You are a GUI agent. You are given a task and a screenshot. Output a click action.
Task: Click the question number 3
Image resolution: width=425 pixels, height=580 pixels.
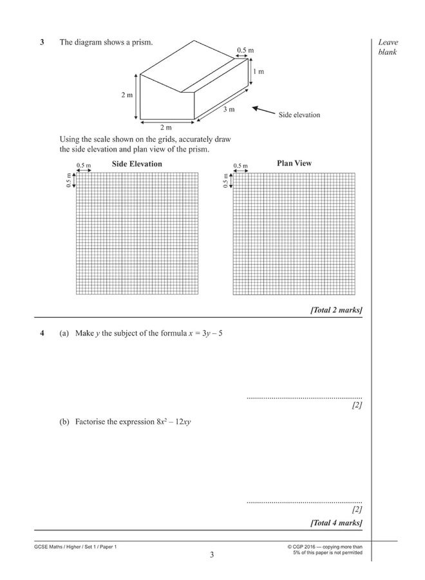pos(42,43)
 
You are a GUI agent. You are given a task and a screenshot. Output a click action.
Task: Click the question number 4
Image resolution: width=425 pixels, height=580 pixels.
pos(42,334)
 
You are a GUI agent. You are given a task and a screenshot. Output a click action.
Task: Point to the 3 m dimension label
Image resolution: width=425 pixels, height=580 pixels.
pos(229,110)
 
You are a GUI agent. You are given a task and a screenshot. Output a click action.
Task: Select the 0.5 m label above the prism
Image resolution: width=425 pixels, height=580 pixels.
pos(245,49)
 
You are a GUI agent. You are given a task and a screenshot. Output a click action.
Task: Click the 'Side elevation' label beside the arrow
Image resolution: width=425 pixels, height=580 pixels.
pos(299,115)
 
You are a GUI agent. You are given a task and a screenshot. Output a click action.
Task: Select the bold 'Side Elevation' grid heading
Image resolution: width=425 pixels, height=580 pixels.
pos(137,164)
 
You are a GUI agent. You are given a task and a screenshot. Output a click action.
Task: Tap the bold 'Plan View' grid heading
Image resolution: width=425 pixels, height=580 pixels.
pos(294,164)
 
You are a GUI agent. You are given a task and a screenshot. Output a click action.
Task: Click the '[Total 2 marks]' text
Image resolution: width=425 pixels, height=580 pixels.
pos(336,310)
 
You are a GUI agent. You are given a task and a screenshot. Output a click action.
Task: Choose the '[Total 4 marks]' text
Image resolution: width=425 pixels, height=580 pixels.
pos(336,522)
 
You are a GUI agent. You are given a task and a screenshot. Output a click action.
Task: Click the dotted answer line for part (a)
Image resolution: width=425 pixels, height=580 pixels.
pos(304,398)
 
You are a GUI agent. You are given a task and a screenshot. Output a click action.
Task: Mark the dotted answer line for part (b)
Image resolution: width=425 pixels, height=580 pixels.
pos(304,502)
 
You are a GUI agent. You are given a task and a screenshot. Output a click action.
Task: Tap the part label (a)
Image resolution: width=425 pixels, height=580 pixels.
pos(64,334)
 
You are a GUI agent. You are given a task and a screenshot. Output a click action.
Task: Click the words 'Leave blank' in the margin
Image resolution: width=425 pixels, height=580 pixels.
pos(388,47)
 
